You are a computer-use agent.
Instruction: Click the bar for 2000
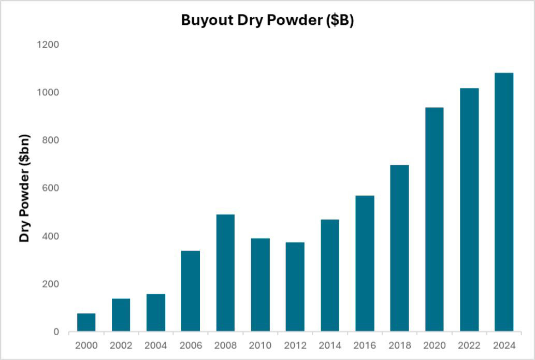(x=86, y=322)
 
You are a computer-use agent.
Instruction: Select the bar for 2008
(x=225, y=272)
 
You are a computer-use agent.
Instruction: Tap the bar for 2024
(x=503, y=202)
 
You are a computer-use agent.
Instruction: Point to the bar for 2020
(x=434, y=219)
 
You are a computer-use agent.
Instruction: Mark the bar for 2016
(x=365, y=263)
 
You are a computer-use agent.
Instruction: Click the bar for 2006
(x=191, y=291)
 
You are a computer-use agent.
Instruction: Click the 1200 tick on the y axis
(x=48, y=45)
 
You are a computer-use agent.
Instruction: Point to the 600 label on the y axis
(x=51, y=188)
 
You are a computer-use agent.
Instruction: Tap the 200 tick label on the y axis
(x=51, y=284)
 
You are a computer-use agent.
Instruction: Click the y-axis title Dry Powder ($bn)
(x=24, y=188)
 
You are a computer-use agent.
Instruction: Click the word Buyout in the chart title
(x=206, y=20)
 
